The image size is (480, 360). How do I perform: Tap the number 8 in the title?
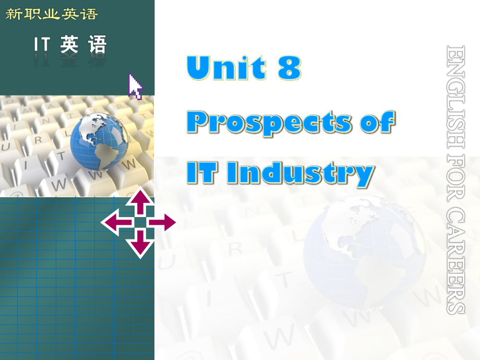[289, 68]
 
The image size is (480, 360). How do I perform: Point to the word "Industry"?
[301, 174]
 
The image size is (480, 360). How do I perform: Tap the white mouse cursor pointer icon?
[135, 86]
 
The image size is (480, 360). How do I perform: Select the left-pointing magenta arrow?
[116, 223]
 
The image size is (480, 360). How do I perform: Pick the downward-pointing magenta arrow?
[139, 243]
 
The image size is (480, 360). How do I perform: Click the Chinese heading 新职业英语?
[51, 14]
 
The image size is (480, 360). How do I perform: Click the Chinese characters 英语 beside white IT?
[83, 45]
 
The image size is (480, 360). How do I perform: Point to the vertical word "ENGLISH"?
[456, 94]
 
